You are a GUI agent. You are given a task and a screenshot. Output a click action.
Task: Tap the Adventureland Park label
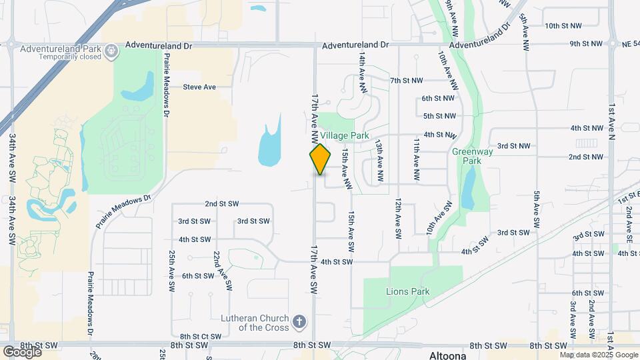click(60, 49)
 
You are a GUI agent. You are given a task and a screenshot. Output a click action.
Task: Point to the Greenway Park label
click(467, 156)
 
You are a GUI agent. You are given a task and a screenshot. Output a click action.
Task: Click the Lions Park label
click(407, 291)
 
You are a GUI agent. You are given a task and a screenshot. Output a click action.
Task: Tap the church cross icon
click(300, 322)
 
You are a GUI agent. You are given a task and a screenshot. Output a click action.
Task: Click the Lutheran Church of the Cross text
click(257, 323)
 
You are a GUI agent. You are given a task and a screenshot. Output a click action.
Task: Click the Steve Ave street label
click(200, 87)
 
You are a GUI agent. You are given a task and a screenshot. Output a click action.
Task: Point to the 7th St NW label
click(407, 81)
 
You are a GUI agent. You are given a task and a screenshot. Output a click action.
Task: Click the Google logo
click(22, 351)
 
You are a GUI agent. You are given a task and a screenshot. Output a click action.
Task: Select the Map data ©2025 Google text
click(599, 355)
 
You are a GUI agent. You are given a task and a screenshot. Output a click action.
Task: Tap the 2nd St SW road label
click(221, 204)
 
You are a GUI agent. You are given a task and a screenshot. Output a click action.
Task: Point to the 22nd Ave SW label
click(221, 271)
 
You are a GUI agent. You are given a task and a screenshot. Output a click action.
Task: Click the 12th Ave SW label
click(397, 218)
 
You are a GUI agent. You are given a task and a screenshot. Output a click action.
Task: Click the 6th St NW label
click(439, 99)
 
